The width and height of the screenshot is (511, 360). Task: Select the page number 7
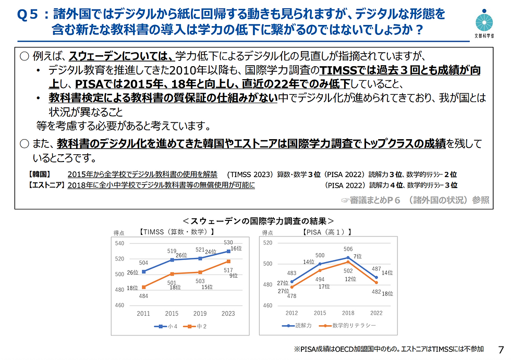[502, 350]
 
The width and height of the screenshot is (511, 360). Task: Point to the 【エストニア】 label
[45, 185]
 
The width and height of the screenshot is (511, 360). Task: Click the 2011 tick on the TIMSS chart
[143, 314]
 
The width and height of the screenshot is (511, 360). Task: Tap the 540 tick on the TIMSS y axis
[119, 243]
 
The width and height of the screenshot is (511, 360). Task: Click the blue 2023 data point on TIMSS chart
[227, 251]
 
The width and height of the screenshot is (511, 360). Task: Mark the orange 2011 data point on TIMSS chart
[143, 287]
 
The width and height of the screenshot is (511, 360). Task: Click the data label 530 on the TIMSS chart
[228, 243]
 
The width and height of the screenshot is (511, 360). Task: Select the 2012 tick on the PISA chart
[292, 313]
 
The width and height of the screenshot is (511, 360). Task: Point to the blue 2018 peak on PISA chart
[348, 257]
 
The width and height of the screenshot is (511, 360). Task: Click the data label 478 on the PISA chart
[291, 296]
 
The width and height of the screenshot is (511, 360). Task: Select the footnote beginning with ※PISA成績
[389, 349]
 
